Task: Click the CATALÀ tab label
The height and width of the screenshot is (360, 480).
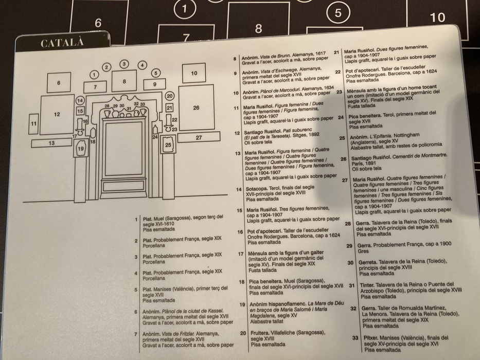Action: pos(62,43)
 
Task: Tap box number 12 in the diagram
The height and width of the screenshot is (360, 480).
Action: pos(57,114)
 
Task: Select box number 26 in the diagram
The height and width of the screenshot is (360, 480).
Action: pos(196,107)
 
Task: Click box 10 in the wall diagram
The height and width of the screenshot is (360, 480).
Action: pos(194,74)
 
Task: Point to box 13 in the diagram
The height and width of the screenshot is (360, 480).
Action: pos(51,142)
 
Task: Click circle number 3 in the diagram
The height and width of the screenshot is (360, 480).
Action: pos(125,64)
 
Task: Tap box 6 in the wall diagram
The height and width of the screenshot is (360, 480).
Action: pos(59,82)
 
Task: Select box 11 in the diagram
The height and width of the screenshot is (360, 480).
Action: pos(33,124)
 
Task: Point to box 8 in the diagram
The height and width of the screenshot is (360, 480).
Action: pos(124,81)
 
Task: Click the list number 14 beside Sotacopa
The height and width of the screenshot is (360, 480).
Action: pos(239,189)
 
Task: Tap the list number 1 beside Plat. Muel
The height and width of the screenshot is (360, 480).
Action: pos(136,219)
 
